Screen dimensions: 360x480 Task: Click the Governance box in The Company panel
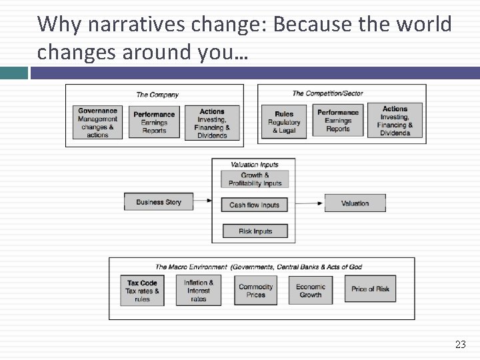tap(97, 123)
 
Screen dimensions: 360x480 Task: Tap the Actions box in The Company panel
tap(212, 123)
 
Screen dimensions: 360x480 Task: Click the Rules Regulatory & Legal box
tap(284, 122)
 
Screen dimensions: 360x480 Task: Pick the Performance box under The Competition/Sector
tap(338, 121)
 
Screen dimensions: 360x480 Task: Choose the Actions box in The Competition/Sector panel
tap(395, 121)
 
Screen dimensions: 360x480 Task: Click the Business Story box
tap(159, 202)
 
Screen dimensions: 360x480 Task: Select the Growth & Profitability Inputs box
tap(255, 179)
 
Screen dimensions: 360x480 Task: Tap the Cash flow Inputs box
tap(255, 205)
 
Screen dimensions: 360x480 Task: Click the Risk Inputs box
tap(255, 231)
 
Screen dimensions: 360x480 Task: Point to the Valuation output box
tap(355, 203)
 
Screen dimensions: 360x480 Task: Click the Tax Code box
tap(142, 291)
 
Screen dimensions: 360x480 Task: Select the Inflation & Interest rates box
tap(199, 291)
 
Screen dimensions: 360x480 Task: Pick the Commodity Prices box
tap(255, 291)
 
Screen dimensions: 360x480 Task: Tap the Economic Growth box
tap(310, 291)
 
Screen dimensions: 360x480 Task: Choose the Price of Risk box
tap(370, 289)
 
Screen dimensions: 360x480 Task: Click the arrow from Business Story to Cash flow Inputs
tap(207, 202)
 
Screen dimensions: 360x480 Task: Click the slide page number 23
tap(460, 345)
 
